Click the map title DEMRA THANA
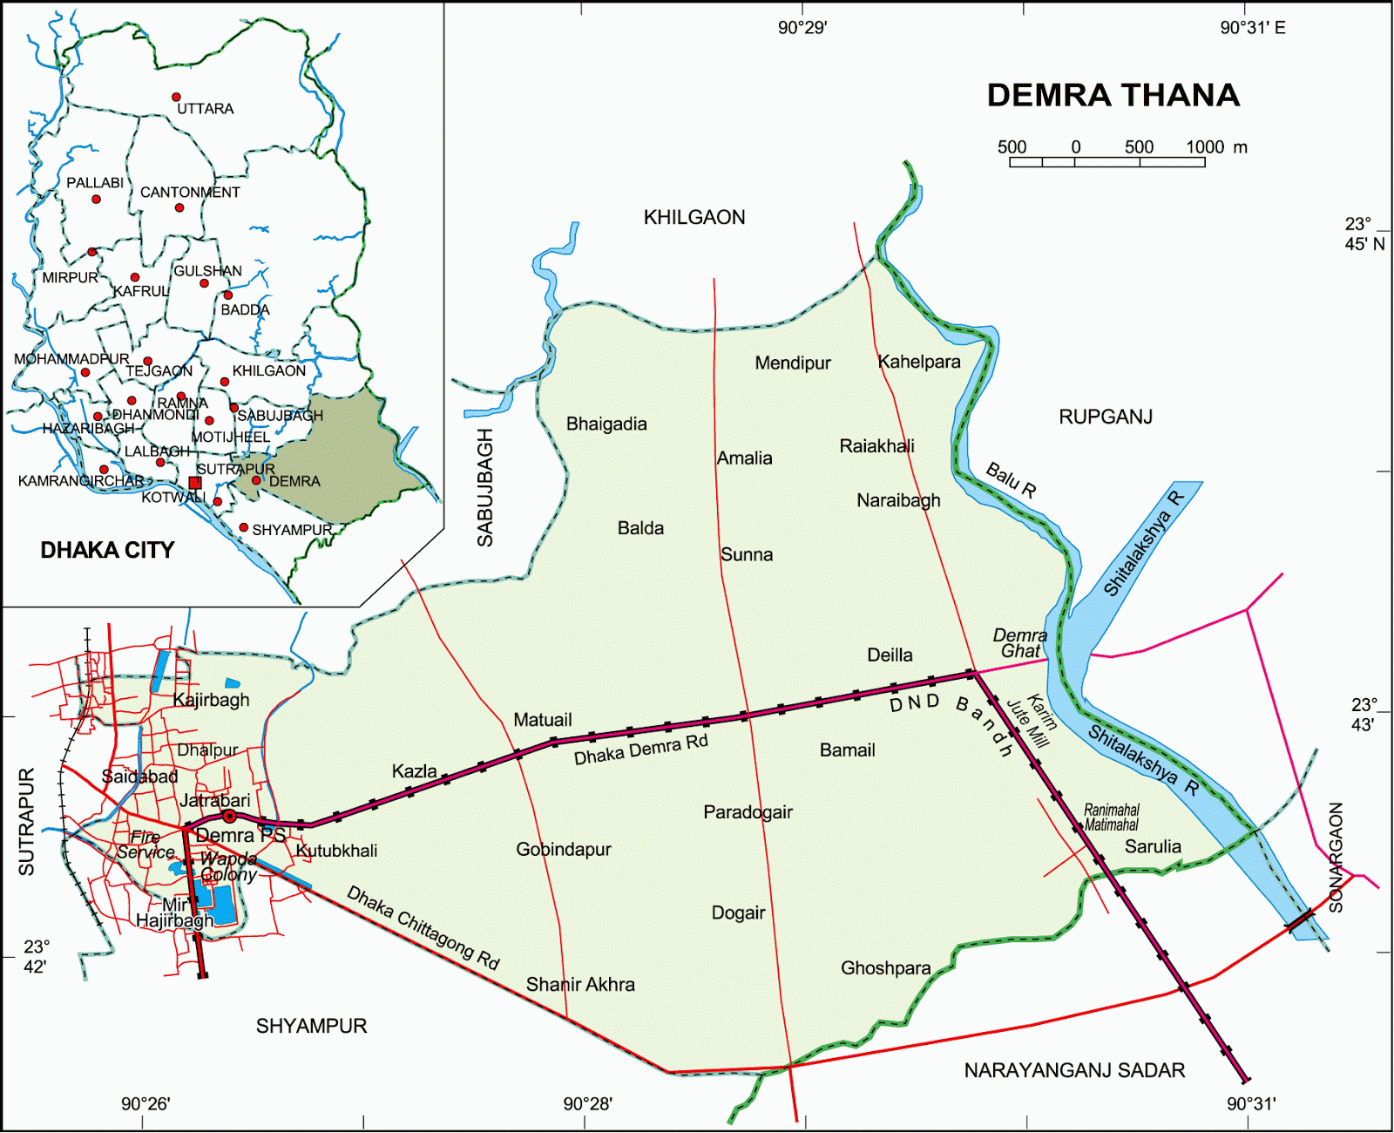[1113, 95]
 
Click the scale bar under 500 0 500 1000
[1106, 162]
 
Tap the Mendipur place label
[792, 363]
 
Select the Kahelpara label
[919, 362]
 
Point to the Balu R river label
[1011, 480]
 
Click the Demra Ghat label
[1020, 643]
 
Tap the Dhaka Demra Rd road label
[640, 750]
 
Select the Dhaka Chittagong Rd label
[423, 928]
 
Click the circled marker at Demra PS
[229, 817]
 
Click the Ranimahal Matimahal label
[1111, 818]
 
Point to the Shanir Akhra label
[580, 985]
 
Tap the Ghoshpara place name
[885, 968]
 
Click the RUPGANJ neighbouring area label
[1105, 417]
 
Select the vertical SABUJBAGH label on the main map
[484, 488]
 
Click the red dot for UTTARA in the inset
[176, 97]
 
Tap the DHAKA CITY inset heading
[107, 550]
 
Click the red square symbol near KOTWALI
[195, 482]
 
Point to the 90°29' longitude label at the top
[802, 28]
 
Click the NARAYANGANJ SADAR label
[1074, 1070]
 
